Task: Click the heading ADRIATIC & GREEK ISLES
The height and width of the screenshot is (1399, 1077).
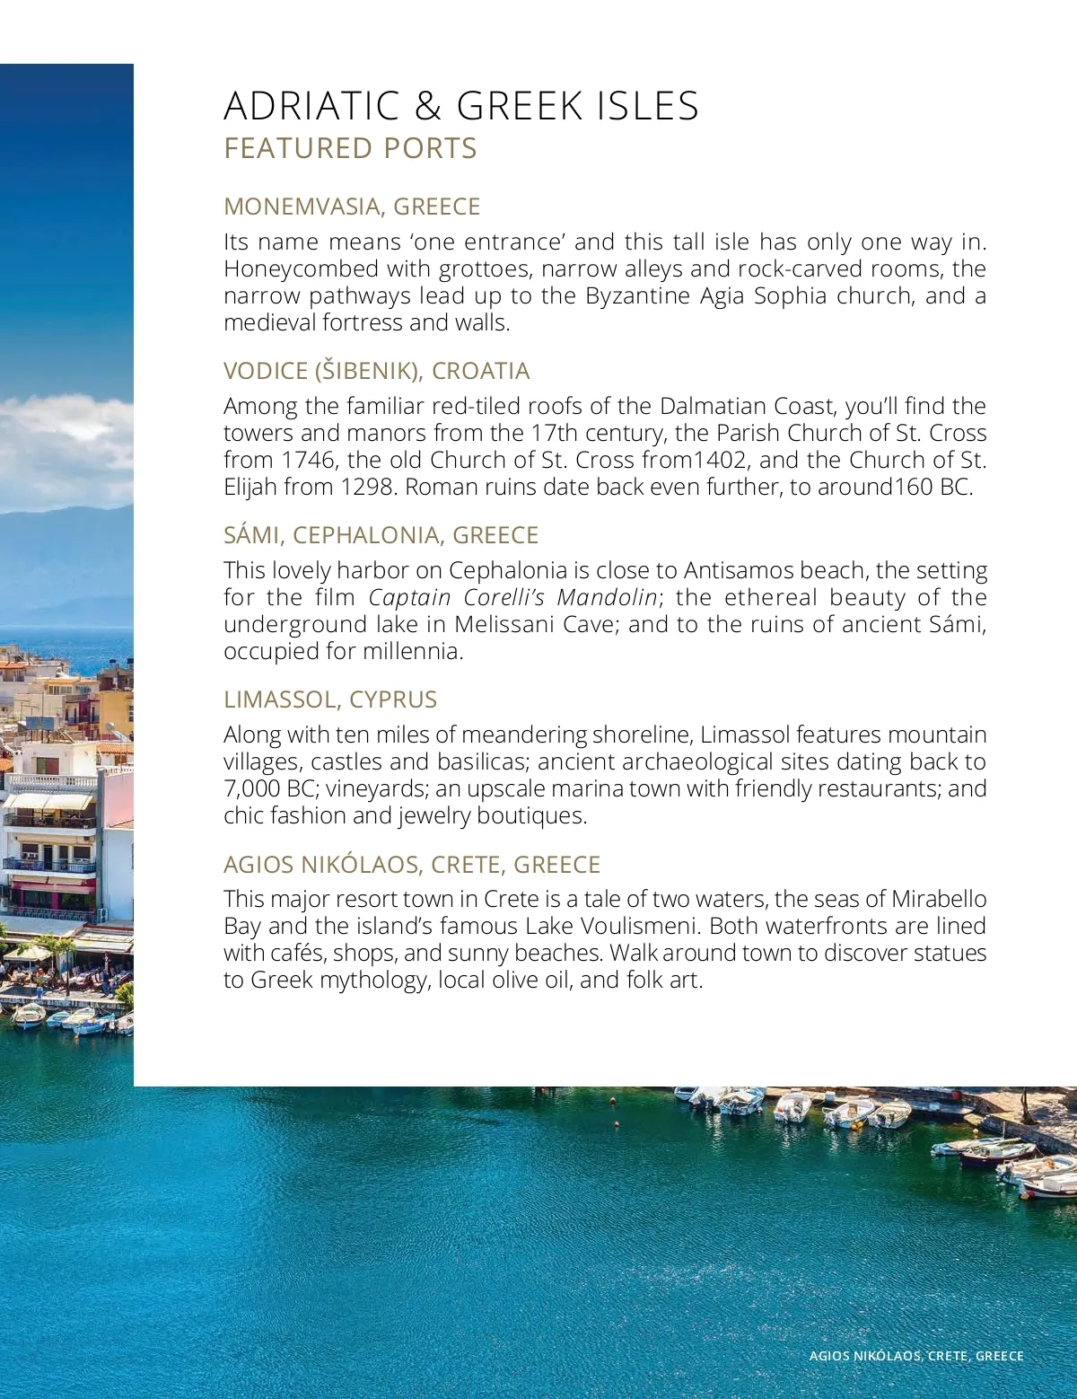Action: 460,106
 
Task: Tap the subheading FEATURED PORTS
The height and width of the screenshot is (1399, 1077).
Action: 350,148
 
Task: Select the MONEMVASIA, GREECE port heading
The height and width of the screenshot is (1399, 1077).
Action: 352,207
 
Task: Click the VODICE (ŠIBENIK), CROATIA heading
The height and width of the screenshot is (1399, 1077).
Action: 376,371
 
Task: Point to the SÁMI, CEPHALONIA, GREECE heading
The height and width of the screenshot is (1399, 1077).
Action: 381,535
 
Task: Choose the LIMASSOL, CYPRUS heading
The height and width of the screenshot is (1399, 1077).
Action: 330,699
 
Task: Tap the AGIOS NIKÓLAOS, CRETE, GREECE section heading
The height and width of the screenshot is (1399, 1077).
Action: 412,865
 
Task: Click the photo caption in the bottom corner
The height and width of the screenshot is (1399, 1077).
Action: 915,1356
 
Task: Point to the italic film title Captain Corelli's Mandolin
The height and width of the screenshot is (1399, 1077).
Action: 513,597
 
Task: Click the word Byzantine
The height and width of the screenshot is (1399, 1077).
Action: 639,295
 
